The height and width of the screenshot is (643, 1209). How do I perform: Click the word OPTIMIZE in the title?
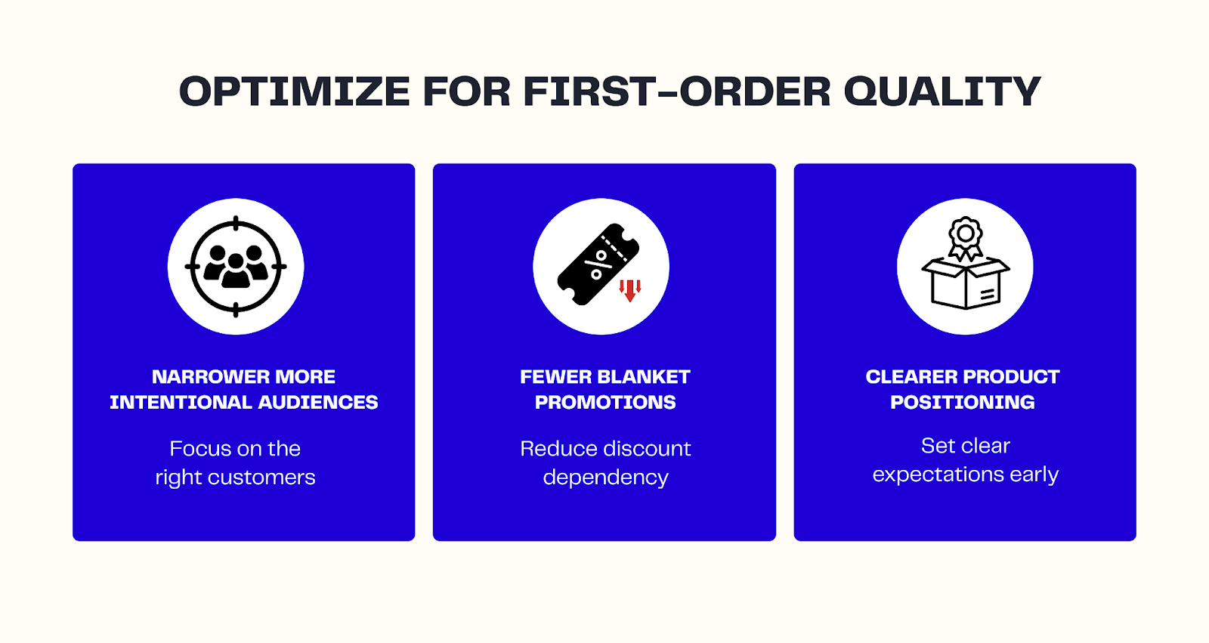click(x=294, y=92)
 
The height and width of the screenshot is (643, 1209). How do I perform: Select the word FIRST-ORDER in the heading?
click(x=677, y=92)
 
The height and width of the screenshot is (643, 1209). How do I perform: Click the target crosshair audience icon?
click(x=236, y=267)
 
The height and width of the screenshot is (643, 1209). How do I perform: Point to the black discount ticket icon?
click(x=597, y=264)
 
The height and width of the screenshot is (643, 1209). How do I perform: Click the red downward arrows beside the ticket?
click(x=630, y=290)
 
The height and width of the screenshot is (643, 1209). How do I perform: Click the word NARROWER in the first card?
click(x=199, y=377)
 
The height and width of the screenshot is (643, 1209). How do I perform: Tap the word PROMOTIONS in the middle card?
click(x=605, y=403)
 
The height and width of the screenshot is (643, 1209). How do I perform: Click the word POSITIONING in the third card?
click(x=962, y=403)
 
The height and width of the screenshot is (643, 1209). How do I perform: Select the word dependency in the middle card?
click(x=605, y=478)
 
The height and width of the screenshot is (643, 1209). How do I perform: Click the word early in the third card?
click(x=1034, y=475)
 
